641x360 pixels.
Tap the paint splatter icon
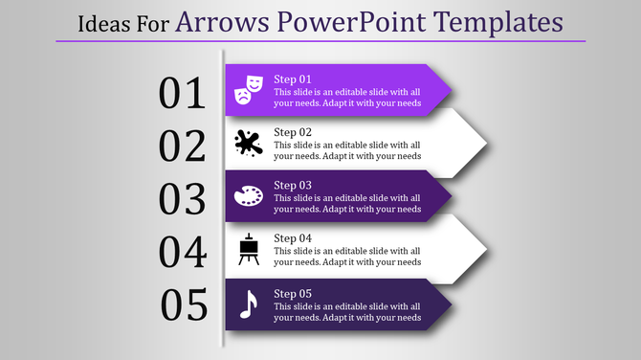point(248,144)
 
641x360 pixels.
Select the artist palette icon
point(248,197)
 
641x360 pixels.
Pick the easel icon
point(248,251)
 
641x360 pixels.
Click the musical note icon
point(248,304)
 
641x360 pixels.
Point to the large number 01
point(183,93)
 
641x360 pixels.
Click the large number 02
point(183,146)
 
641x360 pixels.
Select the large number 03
point(183,199)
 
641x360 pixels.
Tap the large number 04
point(183,253)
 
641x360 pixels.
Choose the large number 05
point(185,305)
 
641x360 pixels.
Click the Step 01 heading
point(293,79)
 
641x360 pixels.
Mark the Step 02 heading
point(293,132)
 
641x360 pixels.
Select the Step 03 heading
point(293,185)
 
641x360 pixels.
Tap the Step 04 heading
point(293,238)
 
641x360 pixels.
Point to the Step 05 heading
point(293,292)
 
